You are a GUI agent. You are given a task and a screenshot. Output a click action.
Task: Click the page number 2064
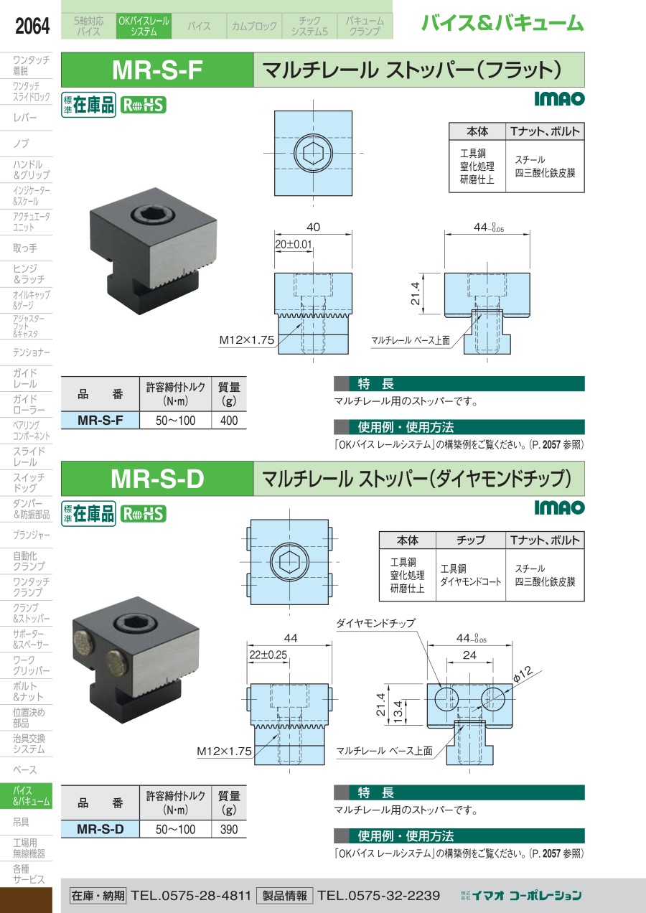click(32, 26)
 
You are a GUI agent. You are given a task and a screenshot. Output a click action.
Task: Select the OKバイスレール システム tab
click(144, 26)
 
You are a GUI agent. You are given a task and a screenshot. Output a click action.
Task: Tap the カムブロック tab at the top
click(254, 26)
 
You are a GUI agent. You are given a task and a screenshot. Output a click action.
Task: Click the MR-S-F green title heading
click(157, 70)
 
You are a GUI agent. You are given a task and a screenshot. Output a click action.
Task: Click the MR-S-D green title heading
click(157, 479)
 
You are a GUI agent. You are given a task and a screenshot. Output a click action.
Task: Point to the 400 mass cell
click(229, 420)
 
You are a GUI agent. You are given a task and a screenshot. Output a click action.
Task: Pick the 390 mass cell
click(229, 829)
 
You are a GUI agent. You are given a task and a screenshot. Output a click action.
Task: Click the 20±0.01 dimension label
click(294, 244)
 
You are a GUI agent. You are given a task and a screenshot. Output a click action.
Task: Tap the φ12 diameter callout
click(523, 674)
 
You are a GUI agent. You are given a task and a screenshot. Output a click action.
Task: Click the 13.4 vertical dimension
click(398, 711)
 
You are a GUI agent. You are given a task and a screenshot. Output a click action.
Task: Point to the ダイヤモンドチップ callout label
click(375, 622)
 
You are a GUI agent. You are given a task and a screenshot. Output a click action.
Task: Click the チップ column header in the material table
click(471, 540)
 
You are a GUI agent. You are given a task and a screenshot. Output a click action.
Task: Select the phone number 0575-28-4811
click(206, 895)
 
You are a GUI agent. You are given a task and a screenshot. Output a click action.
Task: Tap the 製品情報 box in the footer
click(285, 895)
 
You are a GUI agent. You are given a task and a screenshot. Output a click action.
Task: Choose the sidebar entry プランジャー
click(32, 535)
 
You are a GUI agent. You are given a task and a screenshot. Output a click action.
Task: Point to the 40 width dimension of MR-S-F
click(313, 227)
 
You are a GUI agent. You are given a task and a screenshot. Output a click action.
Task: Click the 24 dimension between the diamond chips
click(469, 655)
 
